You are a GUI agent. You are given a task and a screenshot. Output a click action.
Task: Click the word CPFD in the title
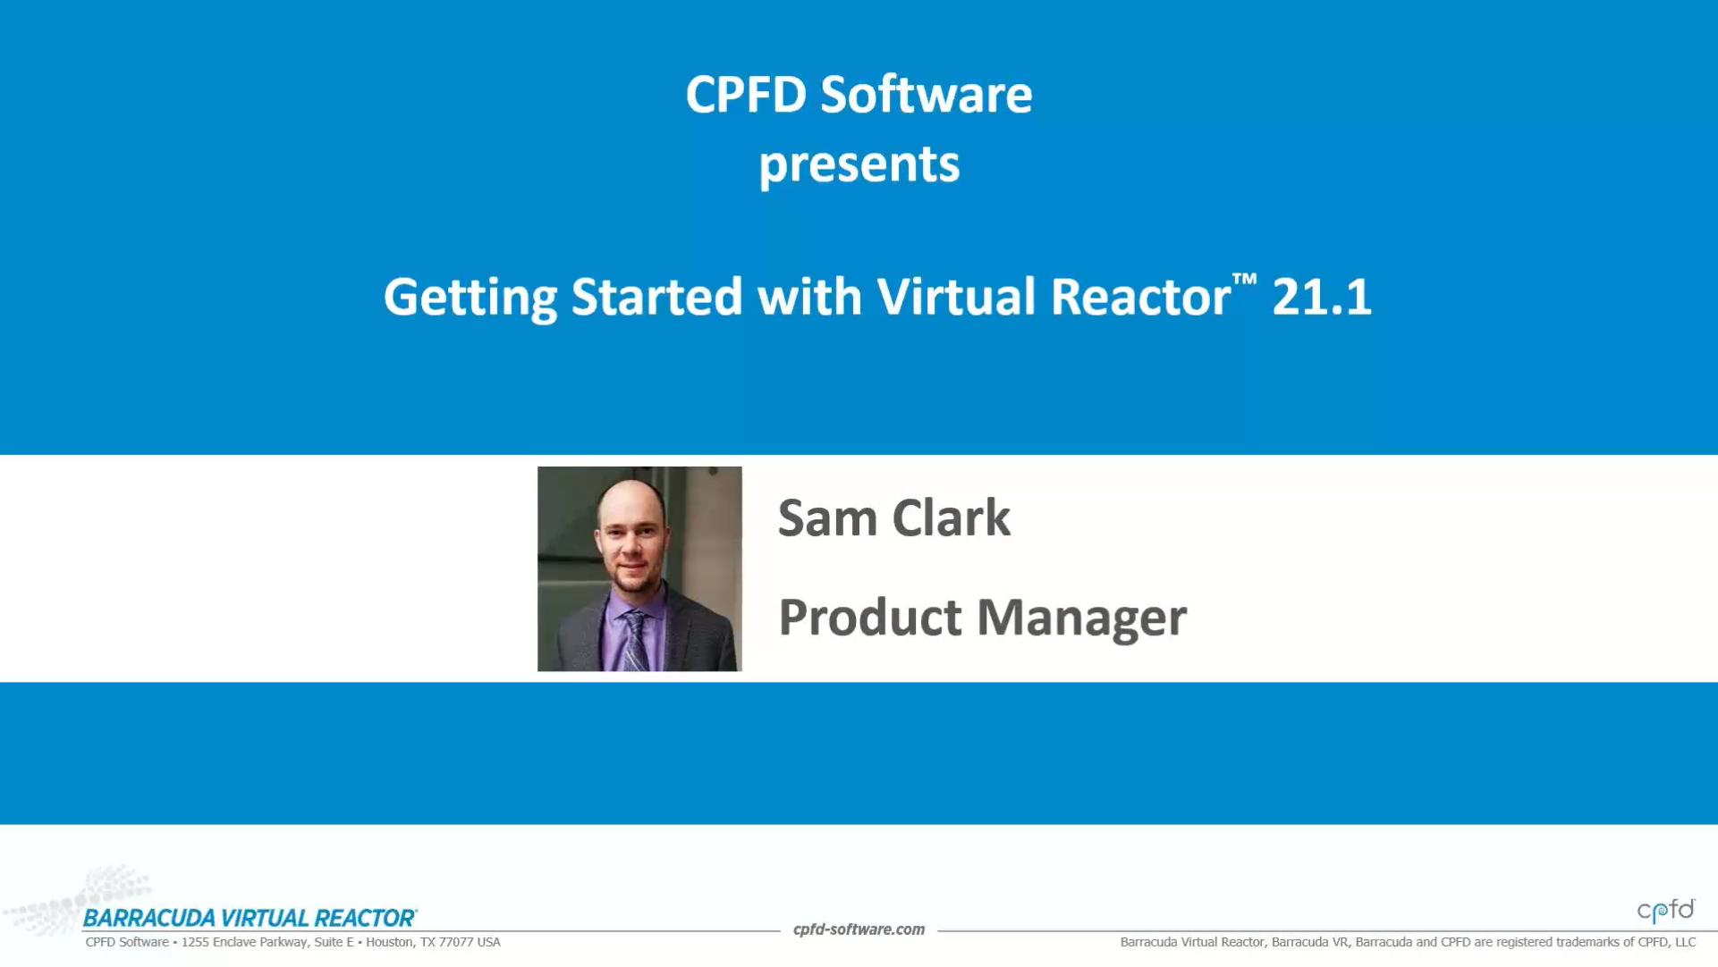coord(746,95)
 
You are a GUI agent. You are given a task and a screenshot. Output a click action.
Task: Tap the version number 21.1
coord(1322,297)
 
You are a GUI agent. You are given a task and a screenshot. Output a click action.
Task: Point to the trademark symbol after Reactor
coord(1244,280)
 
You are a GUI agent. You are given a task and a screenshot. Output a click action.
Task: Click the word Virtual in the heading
coord(956,297)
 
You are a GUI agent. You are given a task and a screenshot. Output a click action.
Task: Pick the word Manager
coord(1081,619)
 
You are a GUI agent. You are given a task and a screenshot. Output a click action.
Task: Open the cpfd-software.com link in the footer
coord(859,929)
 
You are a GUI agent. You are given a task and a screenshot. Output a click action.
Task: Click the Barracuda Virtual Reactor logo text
coord(250,918)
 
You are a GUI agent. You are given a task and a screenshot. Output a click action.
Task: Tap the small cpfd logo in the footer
coord(1666,910)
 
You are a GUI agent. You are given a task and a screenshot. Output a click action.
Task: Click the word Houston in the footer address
coord(391,942)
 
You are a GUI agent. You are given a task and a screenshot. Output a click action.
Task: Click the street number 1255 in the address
coord(195,942)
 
